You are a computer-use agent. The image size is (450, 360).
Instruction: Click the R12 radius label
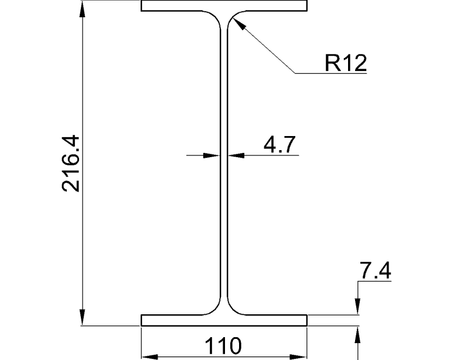click(x=346, y=63)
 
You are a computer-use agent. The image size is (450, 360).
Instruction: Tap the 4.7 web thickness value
click(x=279, y=144)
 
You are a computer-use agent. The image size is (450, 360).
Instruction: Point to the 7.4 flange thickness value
click(x=374, y=272)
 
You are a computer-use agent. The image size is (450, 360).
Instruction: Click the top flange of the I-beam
click(x=176, y=6)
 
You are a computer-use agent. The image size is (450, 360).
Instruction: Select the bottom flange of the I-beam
click(x=176, y=320)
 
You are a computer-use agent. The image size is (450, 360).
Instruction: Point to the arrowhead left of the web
click(x=212, y=155)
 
